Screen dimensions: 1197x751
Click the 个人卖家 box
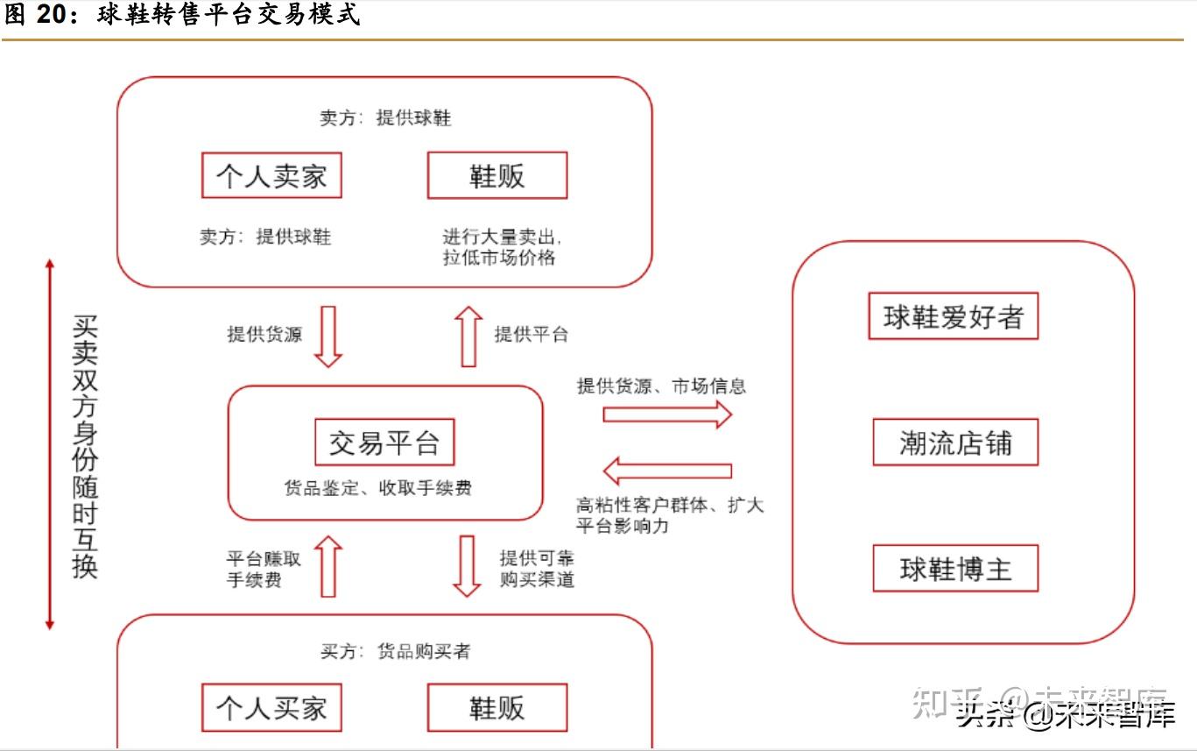coord(271,175)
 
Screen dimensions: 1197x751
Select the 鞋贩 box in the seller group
coord(497,175)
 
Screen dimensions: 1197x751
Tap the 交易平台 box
coord(384,443)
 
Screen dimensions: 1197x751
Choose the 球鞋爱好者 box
coord(954,316)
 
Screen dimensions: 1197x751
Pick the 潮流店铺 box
coord(955,443)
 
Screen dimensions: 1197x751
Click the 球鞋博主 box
coord(955,569)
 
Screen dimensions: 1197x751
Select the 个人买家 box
coord(271,707)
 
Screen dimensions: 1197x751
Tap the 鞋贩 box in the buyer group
coord(497,707)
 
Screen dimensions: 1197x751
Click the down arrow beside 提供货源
coord(328,337)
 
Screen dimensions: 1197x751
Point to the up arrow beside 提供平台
coord(468,337)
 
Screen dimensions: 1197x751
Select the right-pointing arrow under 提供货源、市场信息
coord(667,414)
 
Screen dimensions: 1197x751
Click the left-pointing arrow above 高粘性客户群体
coord(667,471)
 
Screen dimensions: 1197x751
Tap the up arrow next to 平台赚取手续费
coord(328,566)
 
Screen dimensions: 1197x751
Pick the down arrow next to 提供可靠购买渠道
coord(467,566)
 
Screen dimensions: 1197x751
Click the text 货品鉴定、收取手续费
coord(378,488)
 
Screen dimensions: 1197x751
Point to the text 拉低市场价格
coord(498,258)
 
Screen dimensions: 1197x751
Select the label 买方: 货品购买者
coord(396,651)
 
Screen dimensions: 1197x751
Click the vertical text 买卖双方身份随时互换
coord(85,447)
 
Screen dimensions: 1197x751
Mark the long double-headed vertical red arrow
coord(50,444)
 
